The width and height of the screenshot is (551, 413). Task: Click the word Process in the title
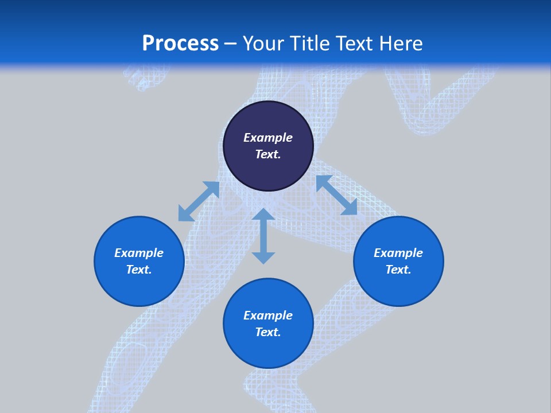(x=180, y=44)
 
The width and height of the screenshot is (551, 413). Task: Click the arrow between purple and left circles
(x=199, y=201)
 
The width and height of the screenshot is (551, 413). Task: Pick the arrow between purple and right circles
(x=337, y=195)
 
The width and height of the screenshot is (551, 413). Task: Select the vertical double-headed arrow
(x=263, y=236)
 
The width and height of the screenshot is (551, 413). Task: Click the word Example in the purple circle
(x=268, y=138)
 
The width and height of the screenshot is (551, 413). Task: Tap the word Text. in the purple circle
(x=268, y=154)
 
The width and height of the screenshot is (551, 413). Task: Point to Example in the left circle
(x=139, y=253)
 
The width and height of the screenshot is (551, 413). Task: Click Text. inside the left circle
(x=139, y=270)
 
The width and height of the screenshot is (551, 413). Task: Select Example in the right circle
(x=398, y=253)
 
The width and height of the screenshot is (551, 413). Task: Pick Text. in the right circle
(x=398, y=270)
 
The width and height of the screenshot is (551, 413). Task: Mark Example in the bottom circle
(x=268, y=315)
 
